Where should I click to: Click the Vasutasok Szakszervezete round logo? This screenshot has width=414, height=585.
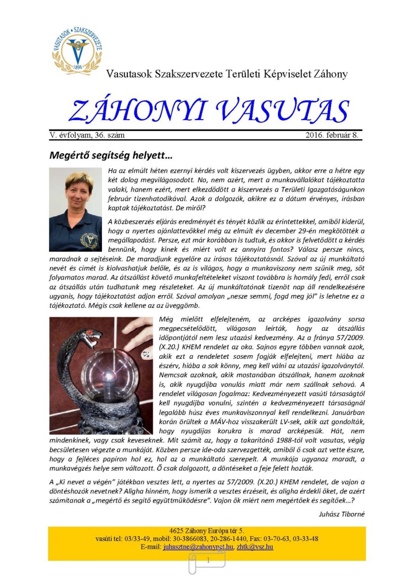pos(77,50)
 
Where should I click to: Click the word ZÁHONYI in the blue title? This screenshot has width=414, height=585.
pos(138,111)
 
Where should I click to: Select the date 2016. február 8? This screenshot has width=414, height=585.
pos(332,135)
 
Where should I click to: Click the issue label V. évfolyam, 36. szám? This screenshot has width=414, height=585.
pos(87,135)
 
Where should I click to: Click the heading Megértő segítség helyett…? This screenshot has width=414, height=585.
pos(111,155)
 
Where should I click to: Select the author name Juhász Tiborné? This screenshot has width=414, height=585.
pos(342,514)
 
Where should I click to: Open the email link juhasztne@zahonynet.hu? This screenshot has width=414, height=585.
pos(198,547)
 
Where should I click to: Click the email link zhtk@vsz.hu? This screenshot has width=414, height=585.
pos(255,547)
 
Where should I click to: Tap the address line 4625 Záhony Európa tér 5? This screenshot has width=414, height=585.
pos(207,531)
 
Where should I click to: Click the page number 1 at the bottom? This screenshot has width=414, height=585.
pos(208,560)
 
